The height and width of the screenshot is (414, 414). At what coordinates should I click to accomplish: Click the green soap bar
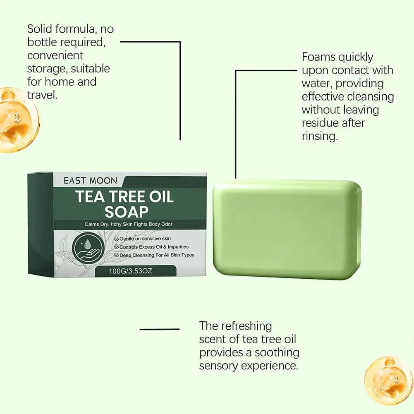pyautogui.click(x=287, y=229)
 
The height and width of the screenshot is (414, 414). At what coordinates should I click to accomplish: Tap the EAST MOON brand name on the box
pyautogui.click(x=90, y=181)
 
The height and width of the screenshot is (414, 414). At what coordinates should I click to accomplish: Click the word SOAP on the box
pyautogui.click(x=127, y=212)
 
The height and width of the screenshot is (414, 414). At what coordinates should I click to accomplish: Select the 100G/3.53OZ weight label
pyautogui.click(x=130, y=271)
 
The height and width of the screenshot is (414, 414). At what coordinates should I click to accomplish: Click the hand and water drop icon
pyautogui.click(x=88, y=248)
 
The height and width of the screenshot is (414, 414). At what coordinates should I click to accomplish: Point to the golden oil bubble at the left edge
pyautogui.click(x=19, y=120)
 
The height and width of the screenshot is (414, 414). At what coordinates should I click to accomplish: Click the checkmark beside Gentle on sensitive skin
pyautogui.click(x=117, y=239)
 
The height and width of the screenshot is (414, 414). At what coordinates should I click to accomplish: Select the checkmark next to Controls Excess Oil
pyautogui.click(x=117, y=247)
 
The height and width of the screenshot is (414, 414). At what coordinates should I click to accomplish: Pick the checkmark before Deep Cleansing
pyautogui.click(x=117, y=255)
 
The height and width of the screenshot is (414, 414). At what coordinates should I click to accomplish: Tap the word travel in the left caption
pyautogui.click(x=42, y=95)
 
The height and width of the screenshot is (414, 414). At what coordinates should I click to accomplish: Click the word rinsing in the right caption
pyautogui.click(x=320, y=136)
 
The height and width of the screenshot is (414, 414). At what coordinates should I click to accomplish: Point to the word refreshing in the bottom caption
pyautogui.click(x=246, y=326)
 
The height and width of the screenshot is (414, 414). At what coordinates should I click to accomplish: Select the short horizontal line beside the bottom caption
pyautogui.click(x=160, y=329)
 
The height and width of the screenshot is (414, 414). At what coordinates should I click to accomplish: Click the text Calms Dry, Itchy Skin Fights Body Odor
pyautogui.click(x=128, y=225)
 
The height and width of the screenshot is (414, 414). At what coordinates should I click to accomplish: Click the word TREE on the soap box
pyautogui.click(x=127, y=197)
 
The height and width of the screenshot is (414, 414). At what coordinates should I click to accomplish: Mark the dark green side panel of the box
pyautogui.click(x=41, y=225)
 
